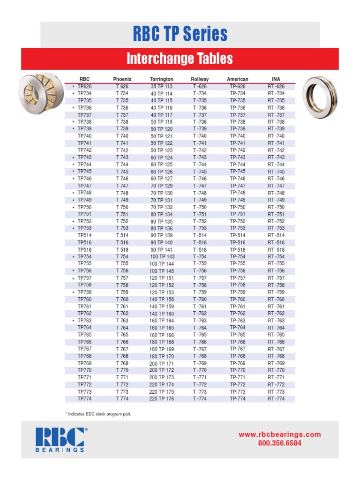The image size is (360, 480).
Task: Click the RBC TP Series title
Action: coord(180,34)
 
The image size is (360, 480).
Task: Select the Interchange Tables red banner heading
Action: coord(180,59)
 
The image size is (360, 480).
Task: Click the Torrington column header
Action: coord(161,79)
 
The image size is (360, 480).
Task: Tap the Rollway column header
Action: coord(200,79)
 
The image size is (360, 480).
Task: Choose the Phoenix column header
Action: coord(122,79)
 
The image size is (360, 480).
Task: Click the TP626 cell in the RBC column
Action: coord(84,87)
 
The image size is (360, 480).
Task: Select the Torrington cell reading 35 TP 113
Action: coord(161,87)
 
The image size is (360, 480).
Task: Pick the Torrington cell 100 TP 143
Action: coord(162,257)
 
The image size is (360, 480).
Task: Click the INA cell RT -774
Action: coord(276,399)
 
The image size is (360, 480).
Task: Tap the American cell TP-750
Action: coord(238,207)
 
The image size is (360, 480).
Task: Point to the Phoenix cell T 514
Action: coord(122,235)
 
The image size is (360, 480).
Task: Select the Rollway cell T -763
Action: coord(200,321)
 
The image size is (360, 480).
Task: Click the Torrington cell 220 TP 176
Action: coord(162,399)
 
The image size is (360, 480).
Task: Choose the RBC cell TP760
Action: coord(84,299)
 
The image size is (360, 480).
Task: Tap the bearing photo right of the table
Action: coord(320,97)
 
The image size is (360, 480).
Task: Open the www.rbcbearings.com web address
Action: coord(280,435)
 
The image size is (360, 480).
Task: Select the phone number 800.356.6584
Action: coord(280,443)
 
